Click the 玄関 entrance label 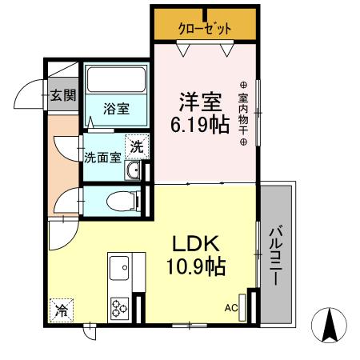(62, 97)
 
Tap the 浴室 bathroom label (116, 109)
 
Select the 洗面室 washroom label (102, 156)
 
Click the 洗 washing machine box (138, 146)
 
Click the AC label (231, 307)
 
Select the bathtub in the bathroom (116, 80)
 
